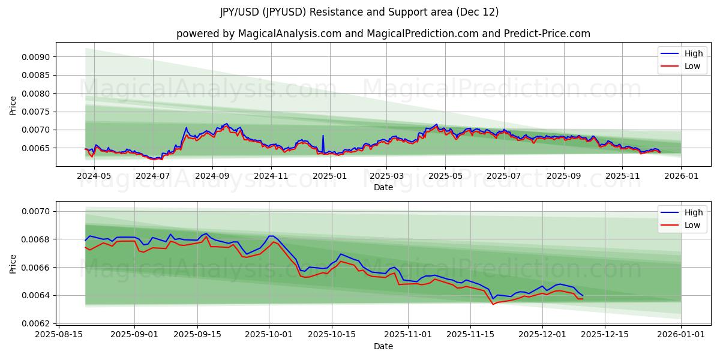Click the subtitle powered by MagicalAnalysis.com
point(383,34)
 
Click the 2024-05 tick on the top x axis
point(94,176)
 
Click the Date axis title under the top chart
point(383,187)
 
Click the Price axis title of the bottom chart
point(13,263)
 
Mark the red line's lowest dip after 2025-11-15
point(493,304)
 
